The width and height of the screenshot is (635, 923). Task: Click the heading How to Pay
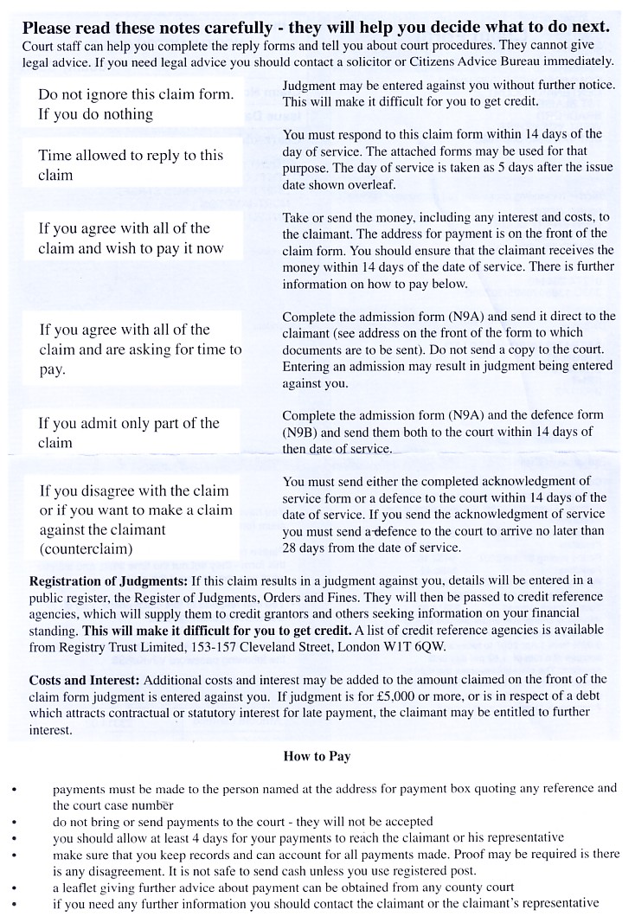point(317,756)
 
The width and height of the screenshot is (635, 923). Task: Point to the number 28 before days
point(291,548)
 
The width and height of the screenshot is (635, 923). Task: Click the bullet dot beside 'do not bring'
point(13,822)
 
